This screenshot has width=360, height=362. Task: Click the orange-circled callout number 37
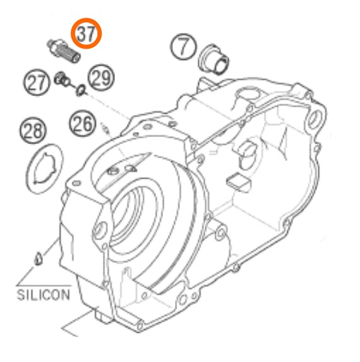pos(86,33)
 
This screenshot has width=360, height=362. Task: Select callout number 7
pos(183,47)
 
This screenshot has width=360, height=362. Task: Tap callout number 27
pos(37,82)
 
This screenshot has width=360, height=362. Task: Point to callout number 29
pos(101,78)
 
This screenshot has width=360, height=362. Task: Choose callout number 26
pos(82,124)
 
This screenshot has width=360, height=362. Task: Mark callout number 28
pos(33,130)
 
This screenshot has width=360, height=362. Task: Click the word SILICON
pos(44,295)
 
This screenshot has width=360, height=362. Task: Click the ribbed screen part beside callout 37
pos(64,51)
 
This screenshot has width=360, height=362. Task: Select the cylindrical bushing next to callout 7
pos(213,59)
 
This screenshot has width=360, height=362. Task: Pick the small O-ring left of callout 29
pos(81,90)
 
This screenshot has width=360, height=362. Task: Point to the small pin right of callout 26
pos(105,128)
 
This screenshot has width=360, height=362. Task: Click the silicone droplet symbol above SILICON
pos(38,258)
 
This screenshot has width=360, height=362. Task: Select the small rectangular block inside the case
pos(238,183)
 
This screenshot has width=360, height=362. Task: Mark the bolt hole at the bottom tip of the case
pos(140,327)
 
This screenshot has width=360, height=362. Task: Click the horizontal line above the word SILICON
pos(44,286)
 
